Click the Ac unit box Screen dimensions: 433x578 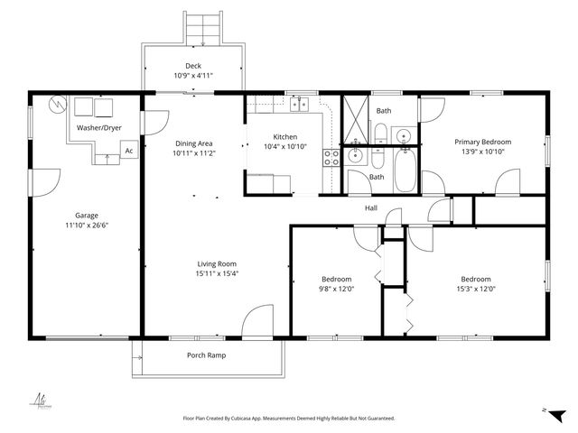point(129,151)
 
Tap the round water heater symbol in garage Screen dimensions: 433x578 point(59,104)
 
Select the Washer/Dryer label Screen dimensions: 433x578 point(98,128)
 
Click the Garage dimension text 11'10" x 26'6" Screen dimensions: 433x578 point(87,226)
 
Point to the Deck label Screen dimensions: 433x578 point(193,66)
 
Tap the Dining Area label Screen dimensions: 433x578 point(193,143)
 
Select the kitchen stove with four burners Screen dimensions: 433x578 point(331,158)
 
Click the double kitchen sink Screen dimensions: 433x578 point(300,104)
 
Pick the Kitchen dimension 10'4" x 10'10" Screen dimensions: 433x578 point(284,146)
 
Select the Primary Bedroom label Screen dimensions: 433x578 point(482,142)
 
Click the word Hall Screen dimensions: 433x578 point(370,208)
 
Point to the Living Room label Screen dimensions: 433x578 point(217,263)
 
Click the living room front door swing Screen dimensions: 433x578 point(256,320)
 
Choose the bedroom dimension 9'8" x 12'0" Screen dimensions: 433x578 point(336,290)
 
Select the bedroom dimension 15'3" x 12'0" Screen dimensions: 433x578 point(476,290)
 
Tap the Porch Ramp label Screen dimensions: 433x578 point(206,355)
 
